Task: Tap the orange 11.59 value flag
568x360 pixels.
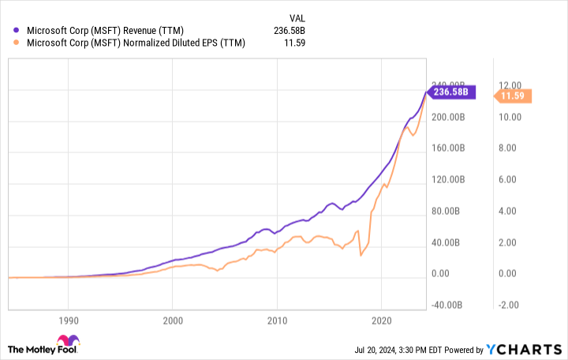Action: [x=514, y=96]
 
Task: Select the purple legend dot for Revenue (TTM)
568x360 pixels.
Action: [x=17, y=31]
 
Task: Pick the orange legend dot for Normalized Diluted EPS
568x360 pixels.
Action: [x=17, y=43]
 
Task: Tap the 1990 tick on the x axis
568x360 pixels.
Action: [x=68, y=321]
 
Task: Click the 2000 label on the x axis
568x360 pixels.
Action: [x=173, y=321]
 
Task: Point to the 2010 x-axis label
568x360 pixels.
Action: [x=277, y=321]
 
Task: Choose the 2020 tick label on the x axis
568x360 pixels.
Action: [x=381, y=321]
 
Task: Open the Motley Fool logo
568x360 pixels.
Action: [x=44, y=348]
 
